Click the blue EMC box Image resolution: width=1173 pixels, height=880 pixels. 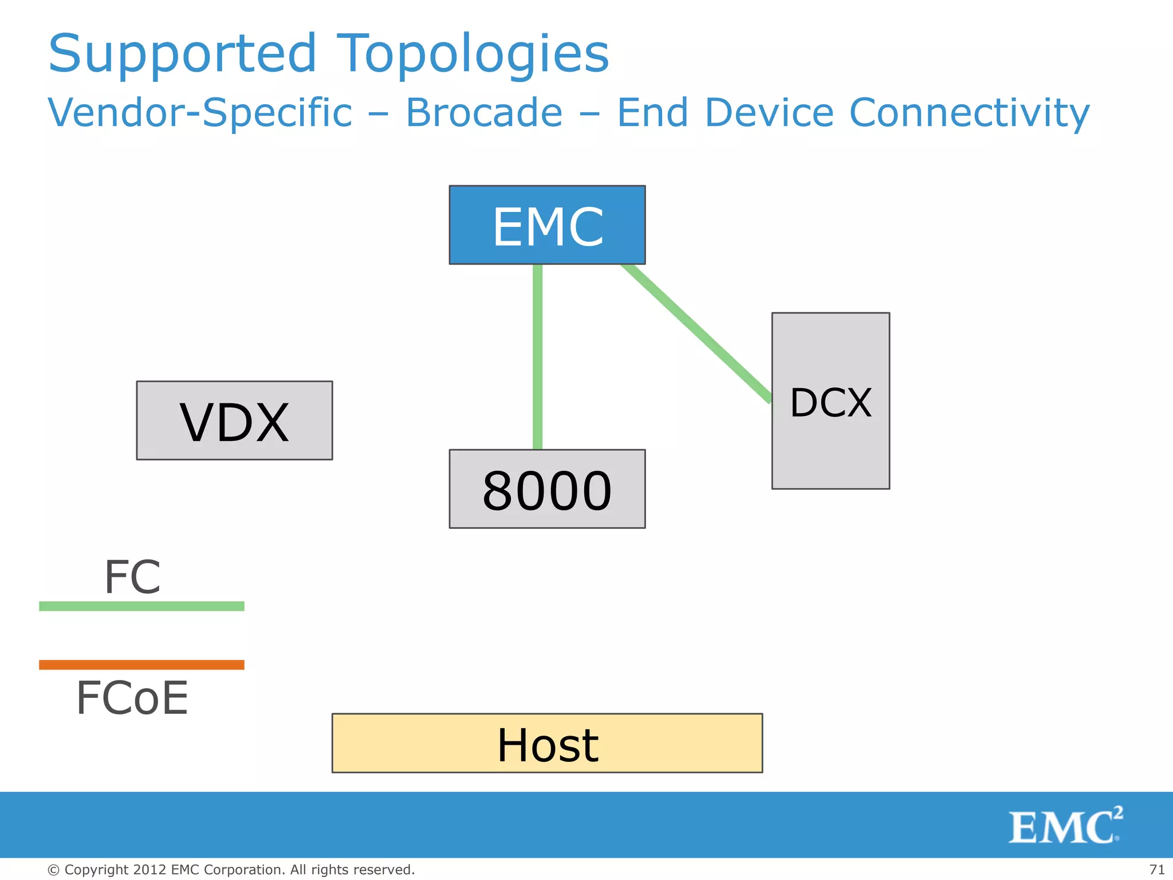[x=547, y=225]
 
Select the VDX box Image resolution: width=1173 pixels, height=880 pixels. [x=234, y=421]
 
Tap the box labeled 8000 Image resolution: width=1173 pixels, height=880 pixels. [x=547, y=489]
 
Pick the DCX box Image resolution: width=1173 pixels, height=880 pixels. [x=830, y=401]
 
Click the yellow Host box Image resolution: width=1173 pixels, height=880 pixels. [x=547, y=743]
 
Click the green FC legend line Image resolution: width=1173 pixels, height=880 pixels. [x=141, y=606]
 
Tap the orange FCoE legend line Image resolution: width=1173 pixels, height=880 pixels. [x=141, y=665]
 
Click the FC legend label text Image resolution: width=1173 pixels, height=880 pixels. [x=132, y=577]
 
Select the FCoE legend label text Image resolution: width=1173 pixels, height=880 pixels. [x=132, y=698]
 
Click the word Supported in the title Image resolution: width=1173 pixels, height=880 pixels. [x=182, y=54]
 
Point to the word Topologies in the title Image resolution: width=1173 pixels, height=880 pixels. [x=473, y=54]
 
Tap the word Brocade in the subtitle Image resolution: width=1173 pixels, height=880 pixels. [x=484, y=112]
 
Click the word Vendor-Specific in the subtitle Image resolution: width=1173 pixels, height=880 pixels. [x=200, y=112]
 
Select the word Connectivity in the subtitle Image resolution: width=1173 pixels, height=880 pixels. [x=969, y=112]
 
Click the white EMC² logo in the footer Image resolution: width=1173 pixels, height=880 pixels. [x=1065, y=826]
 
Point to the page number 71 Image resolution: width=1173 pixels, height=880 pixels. [x=1156, y=870]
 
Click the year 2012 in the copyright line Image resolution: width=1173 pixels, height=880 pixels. [x=149, y=870]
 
